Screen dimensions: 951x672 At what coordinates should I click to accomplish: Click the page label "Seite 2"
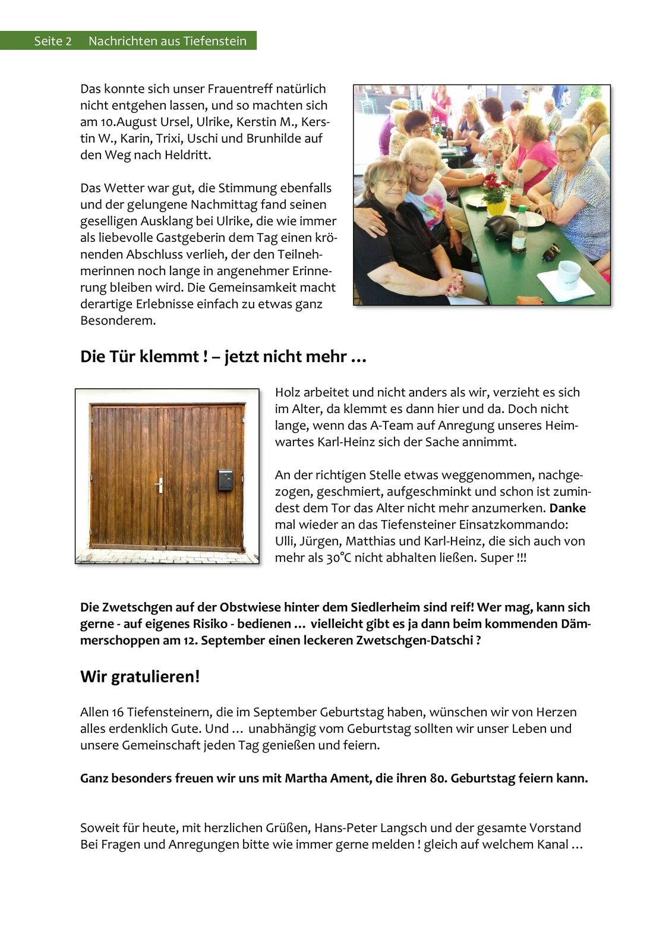point(52,41)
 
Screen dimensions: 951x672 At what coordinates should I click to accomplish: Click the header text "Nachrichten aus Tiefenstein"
point(167,41)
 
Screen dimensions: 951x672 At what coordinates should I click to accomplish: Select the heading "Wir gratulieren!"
point(140,676)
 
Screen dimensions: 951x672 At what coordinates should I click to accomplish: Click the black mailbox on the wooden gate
point(225,480)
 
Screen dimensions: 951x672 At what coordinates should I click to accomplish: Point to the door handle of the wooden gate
point(159,485)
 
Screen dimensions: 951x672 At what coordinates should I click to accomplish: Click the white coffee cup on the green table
point(568,273)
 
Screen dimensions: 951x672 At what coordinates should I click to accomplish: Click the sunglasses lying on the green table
point(551,251)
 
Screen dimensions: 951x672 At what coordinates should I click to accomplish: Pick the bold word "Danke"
point(567,508)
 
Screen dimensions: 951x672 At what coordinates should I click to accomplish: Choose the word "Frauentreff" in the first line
point(241,89)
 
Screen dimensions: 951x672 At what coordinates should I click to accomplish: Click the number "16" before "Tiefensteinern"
point(117,712)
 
